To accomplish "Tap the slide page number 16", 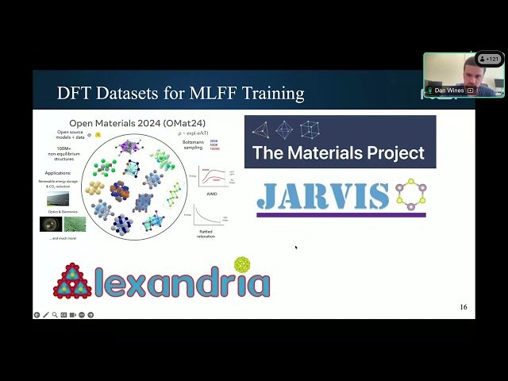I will [464, 307].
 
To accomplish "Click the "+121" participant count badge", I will [490, 59].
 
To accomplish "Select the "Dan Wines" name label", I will [449, 90].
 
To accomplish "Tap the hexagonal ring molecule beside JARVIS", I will [411, 195].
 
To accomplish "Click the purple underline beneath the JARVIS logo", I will [341, 214].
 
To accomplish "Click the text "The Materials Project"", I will [338, 152].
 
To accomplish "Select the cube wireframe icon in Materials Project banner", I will [310, 129].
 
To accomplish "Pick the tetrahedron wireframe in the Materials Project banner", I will [260, 129].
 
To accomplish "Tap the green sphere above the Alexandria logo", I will [242, 264].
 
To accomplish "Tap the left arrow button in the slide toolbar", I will [37, 315].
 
